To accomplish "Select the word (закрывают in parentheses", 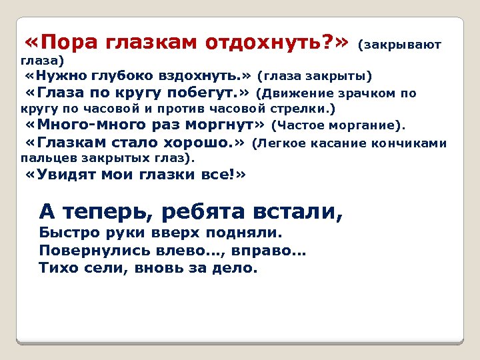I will pyautogui.click(x=399, y=45).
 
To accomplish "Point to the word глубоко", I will pyautogui.click(x=123, y=74).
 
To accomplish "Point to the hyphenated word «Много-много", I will pyautogui.click(x=84, y=125).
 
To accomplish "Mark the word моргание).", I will pyautogui.click(x=371, y=125).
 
